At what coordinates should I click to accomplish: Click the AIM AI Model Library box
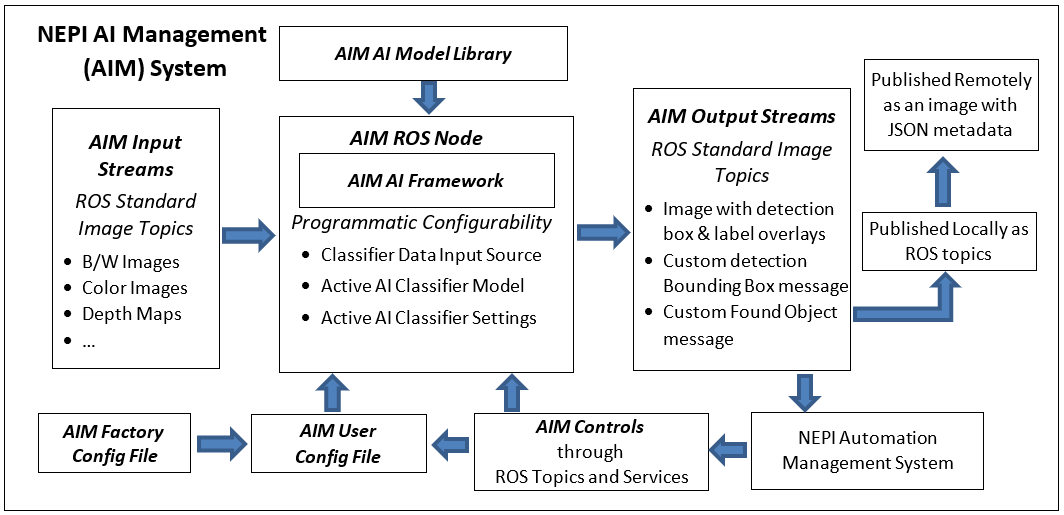pyautogui.click(x=423, y=54)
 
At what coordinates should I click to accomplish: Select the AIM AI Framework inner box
pyautogui.click(x=426, y=181)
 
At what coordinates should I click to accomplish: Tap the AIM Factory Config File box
pyautogui.click(x=113, y=444)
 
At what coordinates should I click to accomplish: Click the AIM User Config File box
pyautogui.click(x=338, y=444)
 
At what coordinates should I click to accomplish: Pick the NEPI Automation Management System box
pyautogui.click(x=867, y=450)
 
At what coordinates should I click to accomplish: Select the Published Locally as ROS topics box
pyautogui.click(x=948, y=241)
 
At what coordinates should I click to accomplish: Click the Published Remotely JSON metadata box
pyautogui.click(x=943, y=104)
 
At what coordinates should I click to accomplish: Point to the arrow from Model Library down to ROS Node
pyautogui.click(x=429, y=98)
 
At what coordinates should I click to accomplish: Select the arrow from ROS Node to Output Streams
pyautogui.click(x=603, y=234)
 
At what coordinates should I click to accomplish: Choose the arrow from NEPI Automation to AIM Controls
pyautogui.click(x=730, y=443)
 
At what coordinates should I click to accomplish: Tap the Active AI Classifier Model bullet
pyautogui.click(x=422, y=286)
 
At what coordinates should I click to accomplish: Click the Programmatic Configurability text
pyautogui.click(x=422, y=223)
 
